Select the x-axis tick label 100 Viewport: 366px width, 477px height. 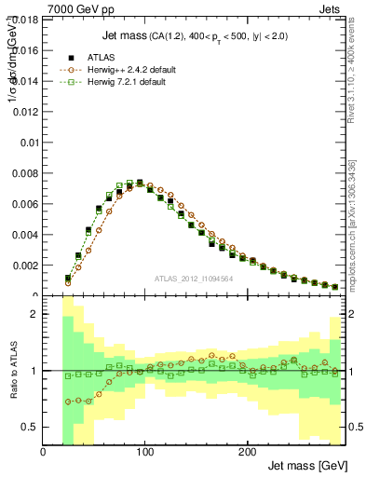[x=144, y=452]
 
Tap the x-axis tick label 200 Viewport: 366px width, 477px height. [x=246, y=452]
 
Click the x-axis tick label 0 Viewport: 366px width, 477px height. [x=44, y=452]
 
